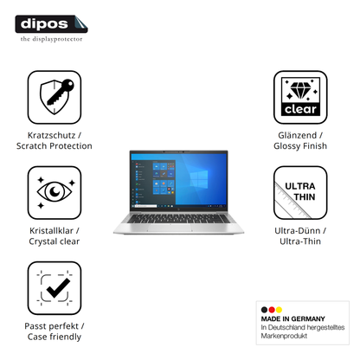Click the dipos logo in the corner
tap(51, 24)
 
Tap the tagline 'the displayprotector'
tap(51, 39)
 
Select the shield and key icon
tap(55, 97)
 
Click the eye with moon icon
tap(55, 192)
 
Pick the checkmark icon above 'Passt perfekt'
tap(55, 288)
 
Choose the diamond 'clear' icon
tap(300, 97)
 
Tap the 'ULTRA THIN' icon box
tap(300, 192)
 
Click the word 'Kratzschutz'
tap(51, 135)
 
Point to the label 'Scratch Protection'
tap(55, 146)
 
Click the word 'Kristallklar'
tap(51, 231)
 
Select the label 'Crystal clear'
tap(55, 241)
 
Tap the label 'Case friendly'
tap(55, 337)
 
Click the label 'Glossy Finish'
tap(300, 146)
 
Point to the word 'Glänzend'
tap(298, 135)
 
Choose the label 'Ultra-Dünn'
tap(298, 231)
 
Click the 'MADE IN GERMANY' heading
tap(292, 318)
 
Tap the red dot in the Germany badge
tap(272, 310)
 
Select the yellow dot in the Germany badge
tap(279, 310)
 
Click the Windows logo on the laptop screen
tap(199, 178)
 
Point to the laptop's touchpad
tap(170, 228)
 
